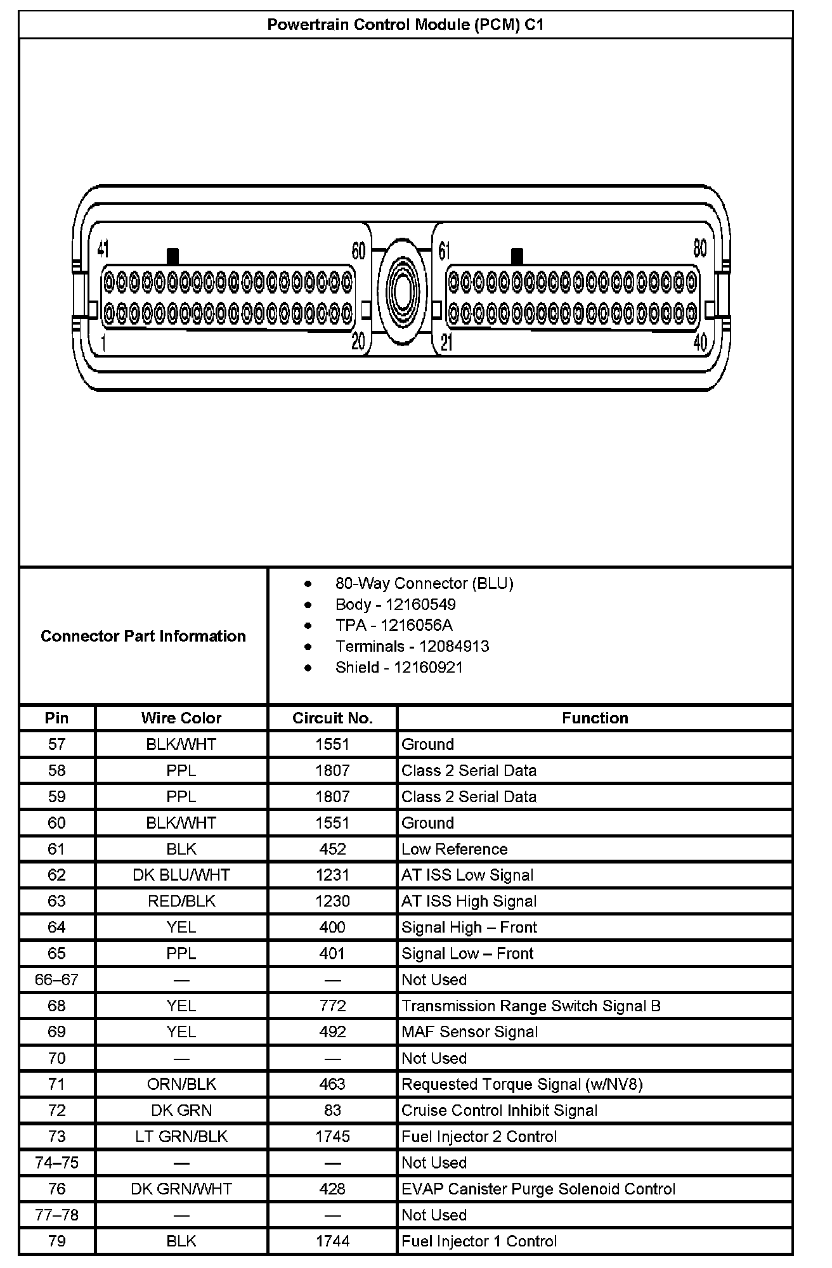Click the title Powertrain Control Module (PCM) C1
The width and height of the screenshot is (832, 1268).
(405, 25)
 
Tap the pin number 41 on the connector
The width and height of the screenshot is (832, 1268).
(103, 249)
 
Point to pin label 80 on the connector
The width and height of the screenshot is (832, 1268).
(699, 248)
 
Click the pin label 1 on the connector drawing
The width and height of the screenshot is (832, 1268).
(103, 343)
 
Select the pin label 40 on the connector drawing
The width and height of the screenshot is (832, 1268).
(699, 343)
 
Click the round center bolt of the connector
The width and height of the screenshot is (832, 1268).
(401, 292)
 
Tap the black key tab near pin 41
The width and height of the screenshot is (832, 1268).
(172, 256)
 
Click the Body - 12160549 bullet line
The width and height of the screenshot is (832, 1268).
(395, 604)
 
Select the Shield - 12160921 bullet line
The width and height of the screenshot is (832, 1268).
(399, 667)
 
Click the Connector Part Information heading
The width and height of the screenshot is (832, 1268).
(143, 636)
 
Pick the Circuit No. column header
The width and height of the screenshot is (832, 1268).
(332, 718)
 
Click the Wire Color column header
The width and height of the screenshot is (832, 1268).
(181, 718)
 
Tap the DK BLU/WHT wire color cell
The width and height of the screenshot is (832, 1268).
(181, 875)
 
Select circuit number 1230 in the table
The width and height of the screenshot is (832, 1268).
(332, 901)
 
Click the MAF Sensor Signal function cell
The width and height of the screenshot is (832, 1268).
(469, 1032)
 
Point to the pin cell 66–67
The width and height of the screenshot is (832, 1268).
(56, 980)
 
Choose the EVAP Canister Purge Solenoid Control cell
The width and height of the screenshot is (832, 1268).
(538, 1189)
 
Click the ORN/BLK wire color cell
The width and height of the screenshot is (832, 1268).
(181, 1084)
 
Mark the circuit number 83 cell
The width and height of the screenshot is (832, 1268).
(332, 1110)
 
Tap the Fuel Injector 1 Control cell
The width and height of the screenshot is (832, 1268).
(479, 1241)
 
